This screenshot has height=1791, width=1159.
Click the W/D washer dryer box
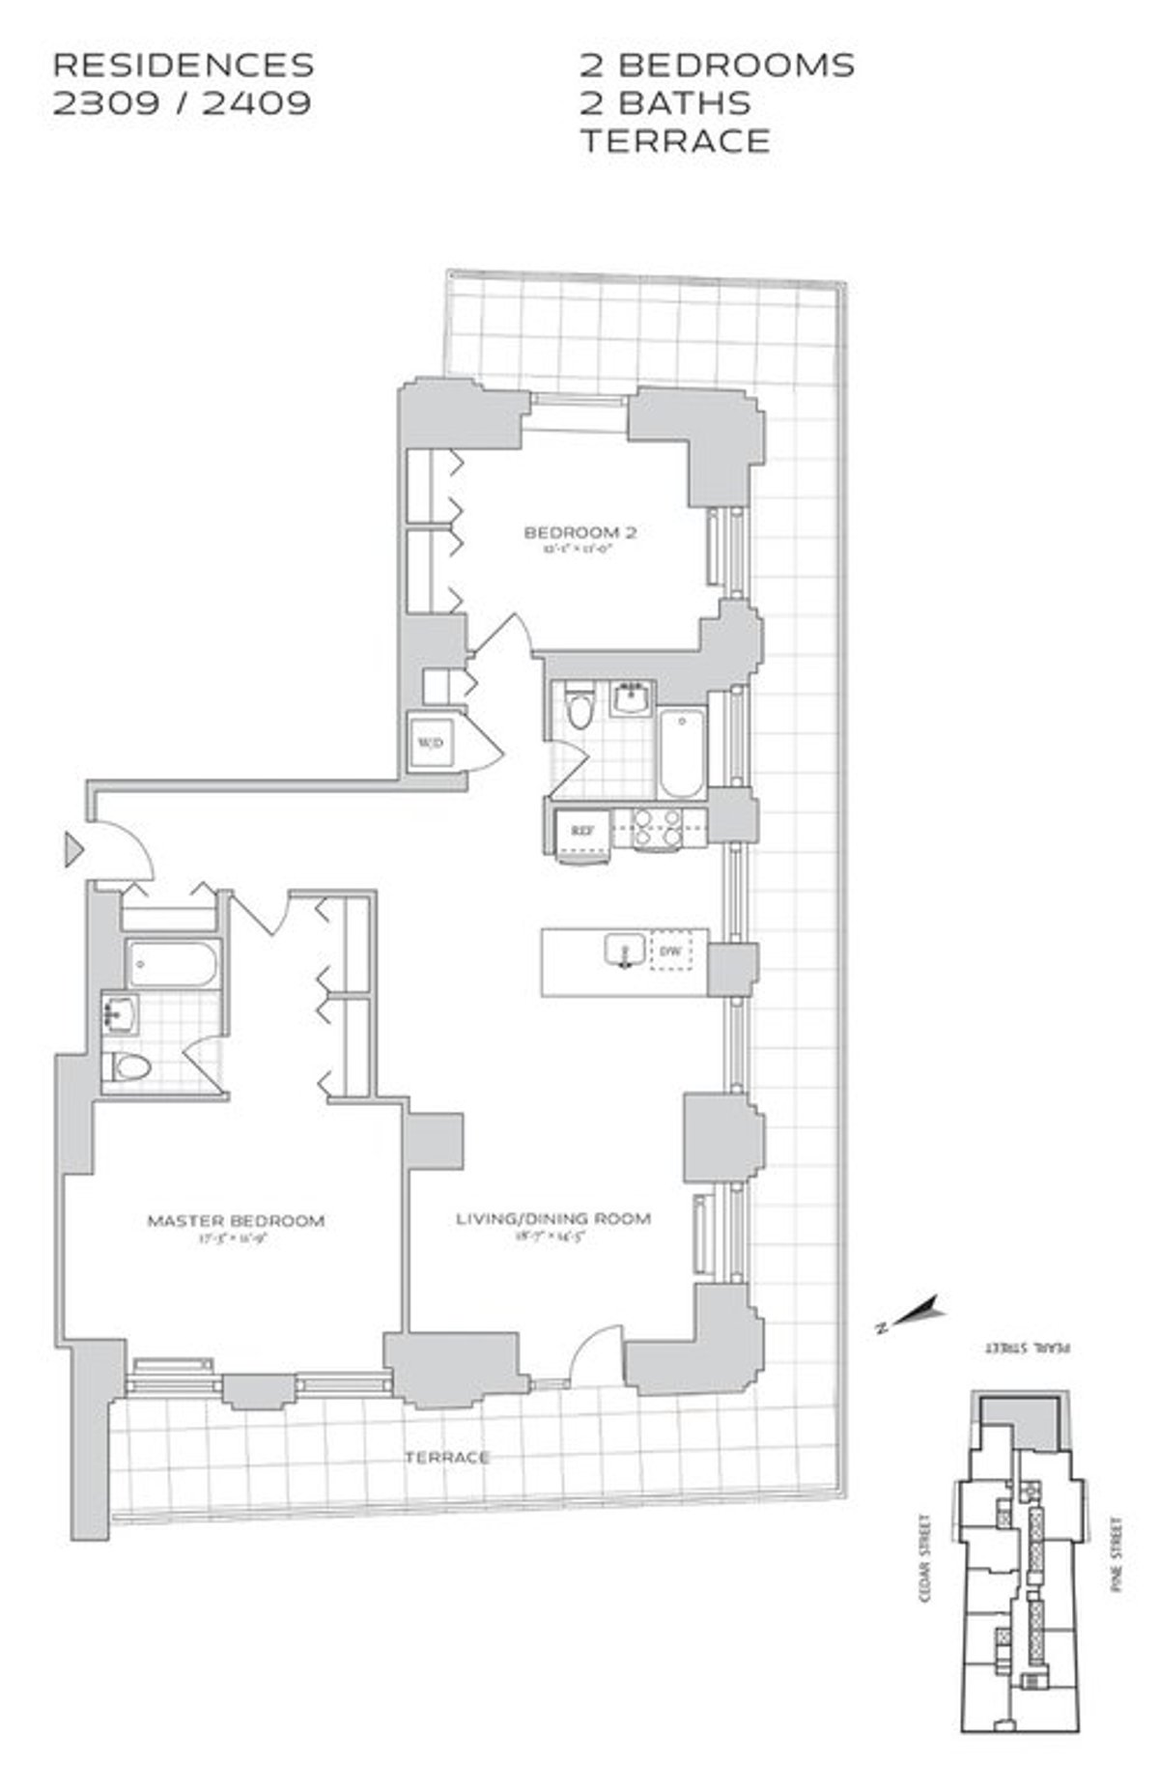(431, 742)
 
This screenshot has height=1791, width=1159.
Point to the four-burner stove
(657, 829)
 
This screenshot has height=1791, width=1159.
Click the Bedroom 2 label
(579, 532)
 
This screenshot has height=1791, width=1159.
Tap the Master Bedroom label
(236, 1220)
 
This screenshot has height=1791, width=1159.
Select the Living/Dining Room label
(552, 1218)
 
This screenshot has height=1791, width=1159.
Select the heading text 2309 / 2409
(183, 102)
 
